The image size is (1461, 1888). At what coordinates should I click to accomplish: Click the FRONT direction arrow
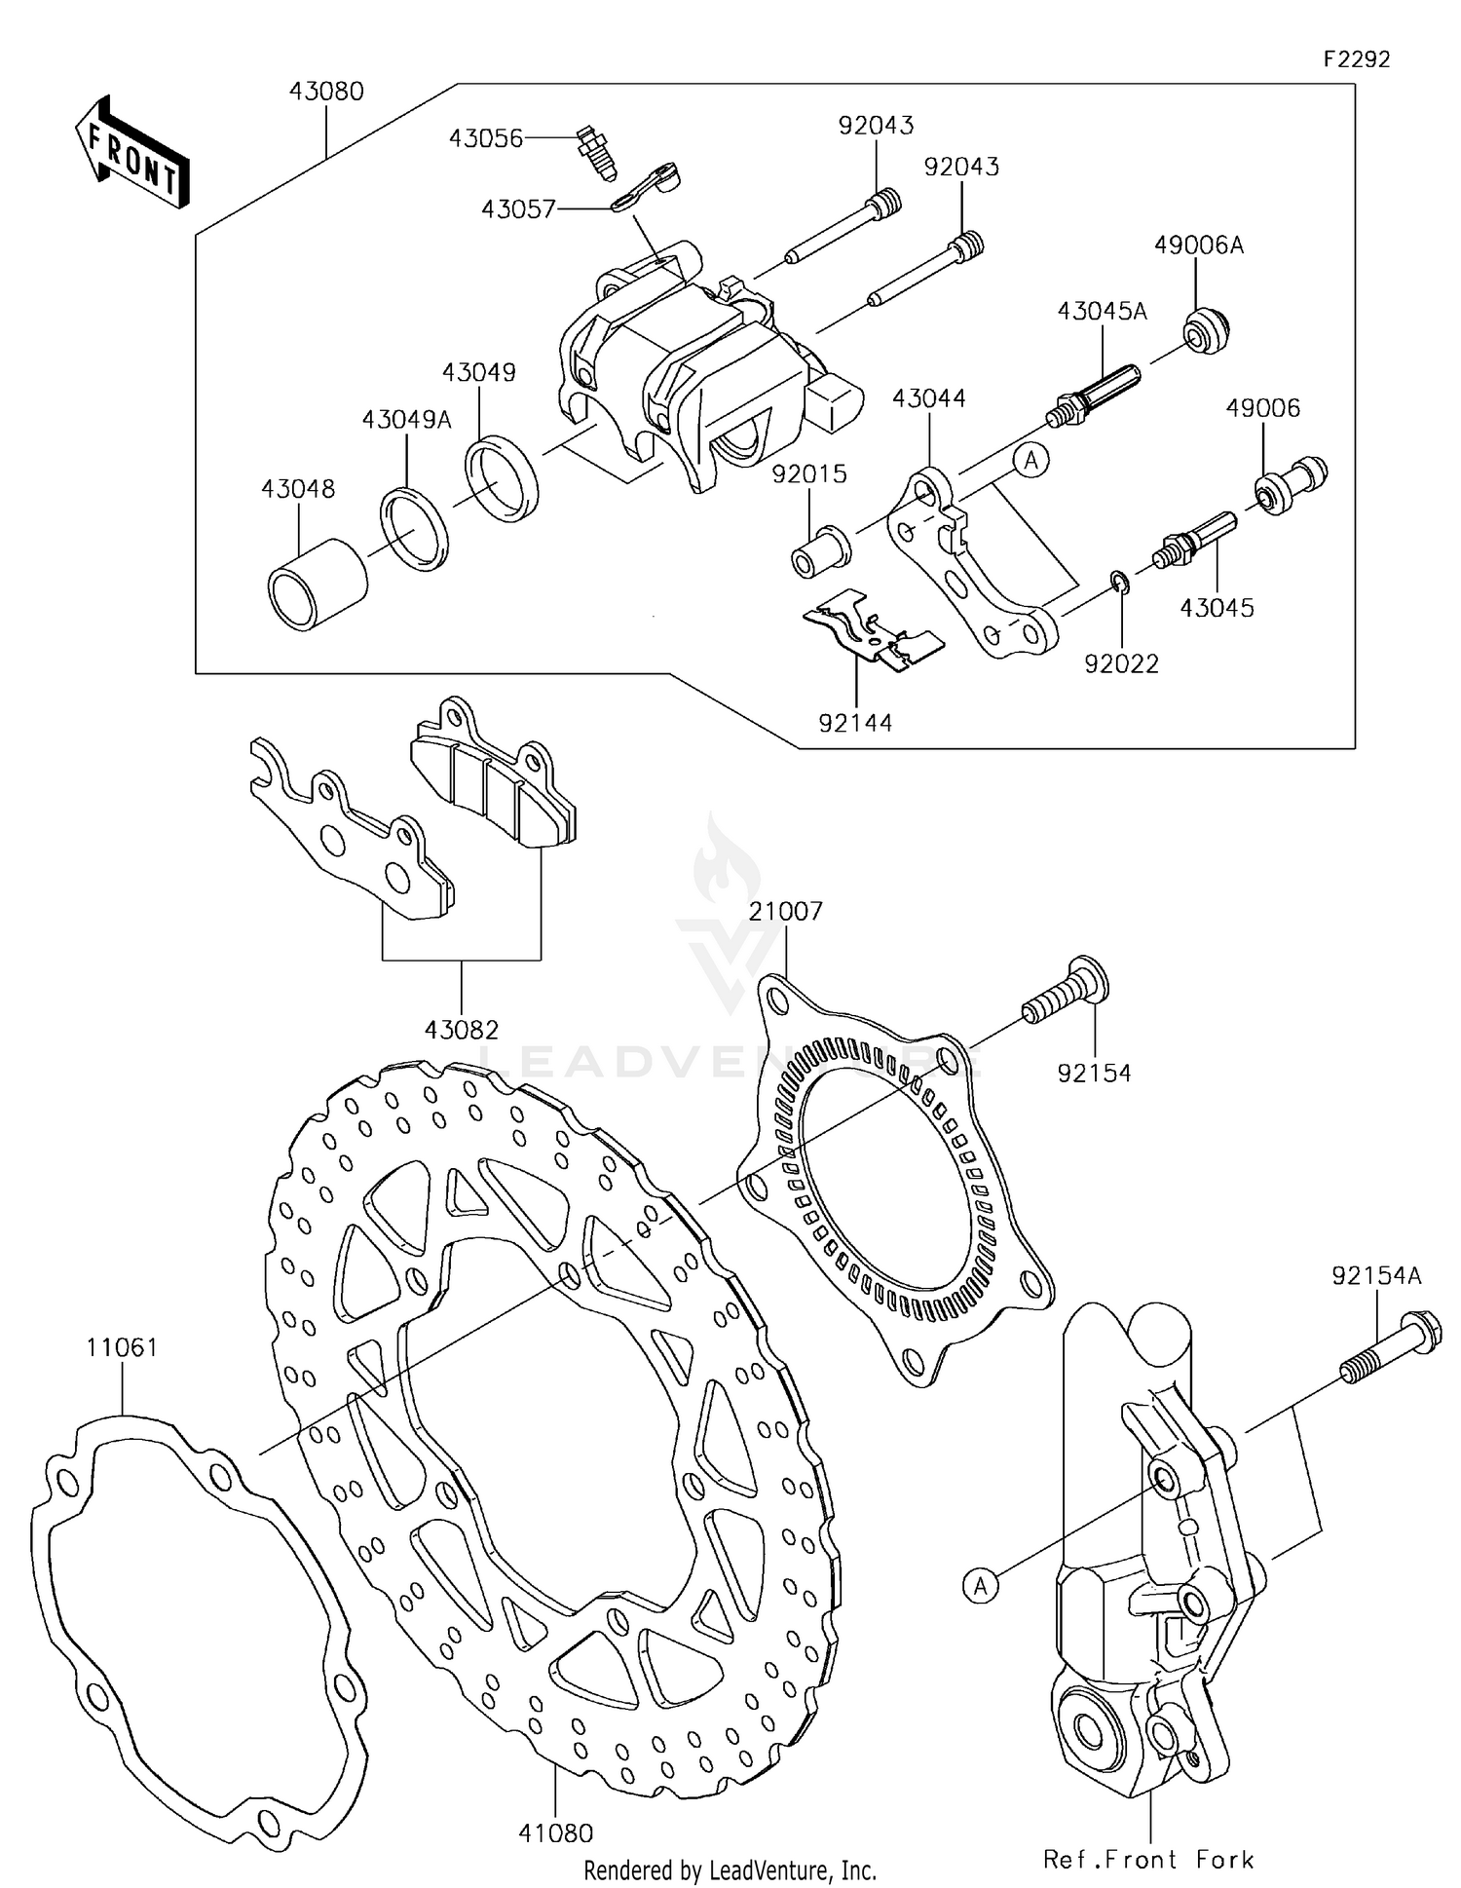click(x=131, y=154)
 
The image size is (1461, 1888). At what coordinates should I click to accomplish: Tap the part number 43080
click(x=326, y=92)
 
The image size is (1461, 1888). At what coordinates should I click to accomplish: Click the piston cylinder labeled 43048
click(x=317, y=583)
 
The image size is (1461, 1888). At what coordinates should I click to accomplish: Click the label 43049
click(x=478, y=372)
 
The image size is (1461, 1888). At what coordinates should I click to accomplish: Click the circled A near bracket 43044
click(x=1032, y=459)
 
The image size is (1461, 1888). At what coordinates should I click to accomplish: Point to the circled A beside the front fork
click(x=981, y=1586)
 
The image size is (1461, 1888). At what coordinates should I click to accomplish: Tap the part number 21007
click(x=785, y=911)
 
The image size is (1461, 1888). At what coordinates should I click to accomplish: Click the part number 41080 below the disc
click(x=555, y=1833)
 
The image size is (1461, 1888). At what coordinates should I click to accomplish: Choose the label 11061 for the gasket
click(x=122, y=1347)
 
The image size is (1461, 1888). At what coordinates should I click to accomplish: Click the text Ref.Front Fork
click(x=1148, y=1860)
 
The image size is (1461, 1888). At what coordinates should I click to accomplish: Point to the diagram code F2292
click(x=1356, y=59)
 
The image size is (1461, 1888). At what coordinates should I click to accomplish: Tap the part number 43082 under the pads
click(x=462, y=1029)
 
